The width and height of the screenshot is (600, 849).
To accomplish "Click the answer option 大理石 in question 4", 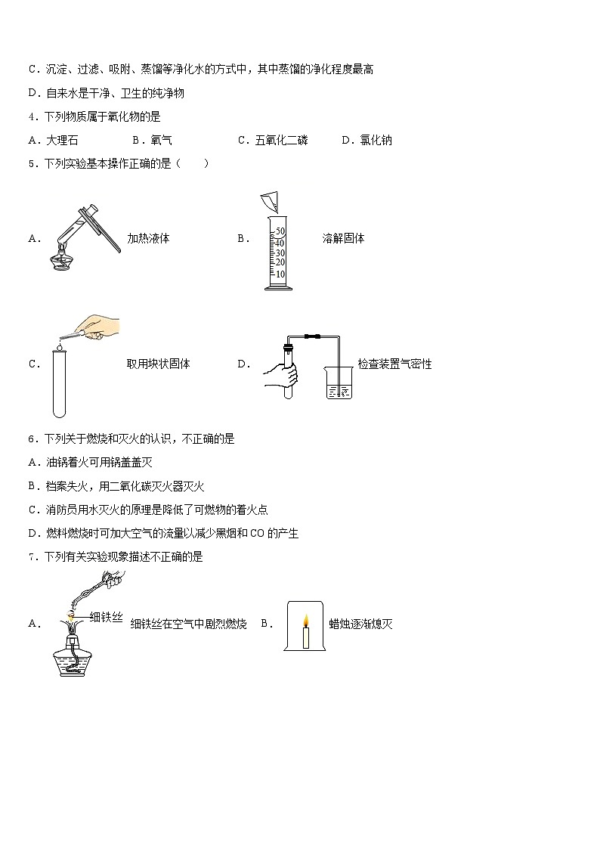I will coord(62,140).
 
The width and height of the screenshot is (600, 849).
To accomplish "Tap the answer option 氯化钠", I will coord(376,140).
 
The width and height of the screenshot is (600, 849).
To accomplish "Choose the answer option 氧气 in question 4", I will coord(161,140).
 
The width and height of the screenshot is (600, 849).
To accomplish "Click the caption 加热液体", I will coord(148,238).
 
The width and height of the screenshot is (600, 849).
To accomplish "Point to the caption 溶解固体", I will coord(343,238).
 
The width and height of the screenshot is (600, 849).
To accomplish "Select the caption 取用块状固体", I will coord(158,364).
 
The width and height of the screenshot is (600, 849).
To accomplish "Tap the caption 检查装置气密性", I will coord(394,364).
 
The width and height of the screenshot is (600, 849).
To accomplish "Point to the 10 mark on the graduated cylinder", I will coord(280,274).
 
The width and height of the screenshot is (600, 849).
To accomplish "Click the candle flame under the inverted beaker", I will coord(306,621).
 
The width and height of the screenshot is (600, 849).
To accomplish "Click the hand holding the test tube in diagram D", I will coord(280,374).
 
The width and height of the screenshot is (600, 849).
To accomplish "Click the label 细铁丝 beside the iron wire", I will coord(106,618).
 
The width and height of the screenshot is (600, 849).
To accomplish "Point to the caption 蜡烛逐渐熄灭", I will coord(360,624).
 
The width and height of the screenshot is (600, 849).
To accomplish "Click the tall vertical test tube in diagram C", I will coord(59,386).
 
